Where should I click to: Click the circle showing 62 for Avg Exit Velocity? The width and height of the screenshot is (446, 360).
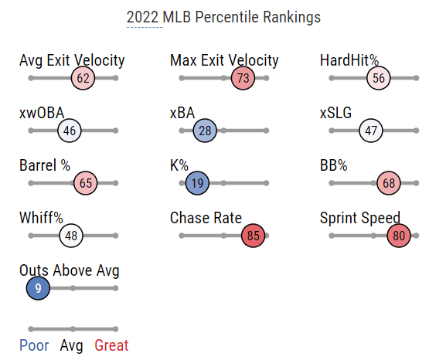[83, 78]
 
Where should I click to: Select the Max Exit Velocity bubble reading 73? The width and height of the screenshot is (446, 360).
[243, 78]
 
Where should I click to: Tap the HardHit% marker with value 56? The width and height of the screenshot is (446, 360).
[378, 78]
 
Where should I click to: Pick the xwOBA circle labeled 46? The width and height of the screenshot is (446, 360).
[70, 131]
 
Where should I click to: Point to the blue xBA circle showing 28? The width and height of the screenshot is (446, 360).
[205, 131]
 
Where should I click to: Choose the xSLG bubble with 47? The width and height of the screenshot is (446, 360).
[371, 131]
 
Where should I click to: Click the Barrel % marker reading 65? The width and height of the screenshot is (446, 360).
[85, 183]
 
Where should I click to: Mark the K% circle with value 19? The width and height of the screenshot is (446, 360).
[197, 183]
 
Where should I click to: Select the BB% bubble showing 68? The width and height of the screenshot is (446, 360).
[389, 183]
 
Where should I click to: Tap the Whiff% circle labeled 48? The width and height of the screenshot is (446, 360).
[71, 236]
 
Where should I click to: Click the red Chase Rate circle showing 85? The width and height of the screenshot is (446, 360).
[253, 236]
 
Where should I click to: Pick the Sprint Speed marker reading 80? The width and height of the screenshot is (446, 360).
[399, 236]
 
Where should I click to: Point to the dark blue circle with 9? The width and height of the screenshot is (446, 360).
[38, 288]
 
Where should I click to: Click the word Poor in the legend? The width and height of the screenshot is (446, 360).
[34, 345]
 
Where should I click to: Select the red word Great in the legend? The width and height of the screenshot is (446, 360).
[111, 345]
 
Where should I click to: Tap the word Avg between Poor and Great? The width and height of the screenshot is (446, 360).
[71, 346]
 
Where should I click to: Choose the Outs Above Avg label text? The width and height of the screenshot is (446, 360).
[70, 270]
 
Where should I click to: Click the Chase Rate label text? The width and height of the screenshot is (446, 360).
[206, 218]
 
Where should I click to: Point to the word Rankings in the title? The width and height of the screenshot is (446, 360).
[291, 18]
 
